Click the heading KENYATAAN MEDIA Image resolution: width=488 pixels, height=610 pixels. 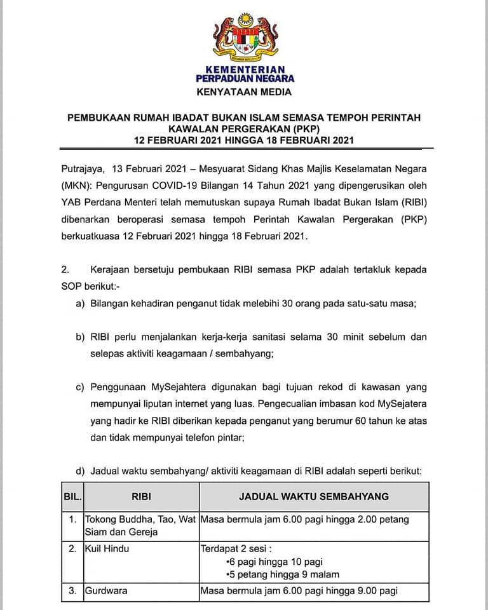tap(244, 92)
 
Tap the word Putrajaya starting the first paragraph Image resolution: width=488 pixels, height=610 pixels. tap(81, 169)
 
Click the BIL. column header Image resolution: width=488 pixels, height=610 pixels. tap(72, 496)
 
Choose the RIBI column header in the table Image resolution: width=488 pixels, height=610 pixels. tap(141, 496)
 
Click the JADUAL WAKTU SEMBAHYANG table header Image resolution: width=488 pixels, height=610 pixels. tap(314, 496)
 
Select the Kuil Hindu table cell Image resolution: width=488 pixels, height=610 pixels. tap(107, 548)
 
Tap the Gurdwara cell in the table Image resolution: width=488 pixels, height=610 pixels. tap(106, 591)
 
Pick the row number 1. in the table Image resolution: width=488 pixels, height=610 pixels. tap(72, 519)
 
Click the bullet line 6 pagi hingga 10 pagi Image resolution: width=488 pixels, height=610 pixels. tap(274, 562)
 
